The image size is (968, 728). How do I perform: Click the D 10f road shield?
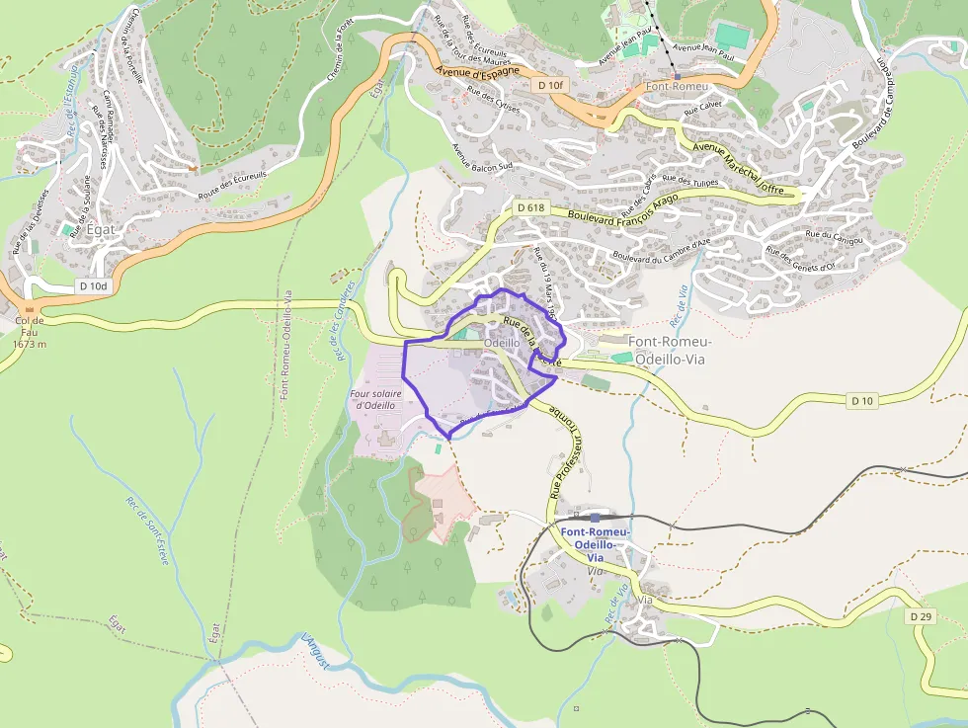552,86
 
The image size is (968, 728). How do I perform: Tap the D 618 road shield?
530,207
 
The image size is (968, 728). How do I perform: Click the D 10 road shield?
861,400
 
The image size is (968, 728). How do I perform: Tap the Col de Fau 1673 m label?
31,332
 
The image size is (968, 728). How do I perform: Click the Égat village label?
101,229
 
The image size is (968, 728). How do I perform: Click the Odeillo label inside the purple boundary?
502,342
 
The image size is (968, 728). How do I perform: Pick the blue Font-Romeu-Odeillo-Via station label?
596,544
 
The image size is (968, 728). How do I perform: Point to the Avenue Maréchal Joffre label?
739,165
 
